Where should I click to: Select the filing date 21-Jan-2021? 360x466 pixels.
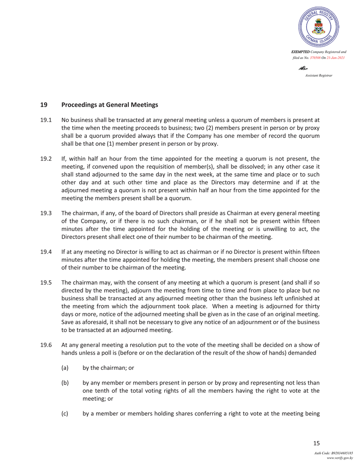point(335,57)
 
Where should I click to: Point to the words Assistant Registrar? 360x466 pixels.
point(318,75)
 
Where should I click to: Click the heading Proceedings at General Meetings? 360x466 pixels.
point(110,105)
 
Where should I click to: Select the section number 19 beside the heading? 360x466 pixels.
point(43,105)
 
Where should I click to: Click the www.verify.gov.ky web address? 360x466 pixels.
point(340,458)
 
